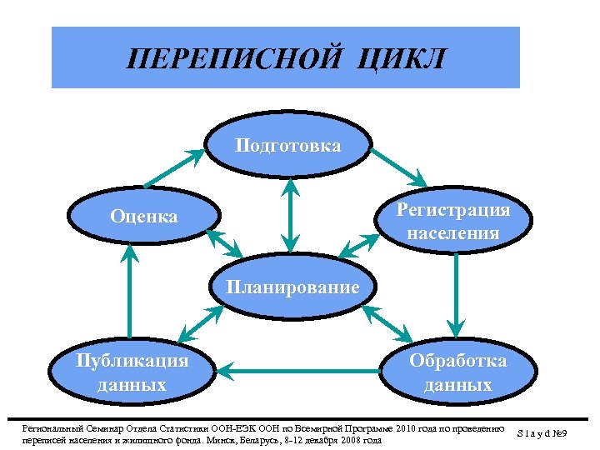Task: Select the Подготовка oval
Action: tap(288, 146)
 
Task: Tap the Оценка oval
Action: tap(144, 217)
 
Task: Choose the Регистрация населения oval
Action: tap(453, 220)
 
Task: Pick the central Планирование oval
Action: tap(292, 287)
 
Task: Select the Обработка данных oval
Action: tap(457, 372)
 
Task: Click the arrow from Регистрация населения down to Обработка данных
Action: tap(456, 292)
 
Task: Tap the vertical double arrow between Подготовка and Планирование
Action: tap(289, 216)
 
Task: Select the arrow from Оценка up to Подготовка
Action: tap(174, 168)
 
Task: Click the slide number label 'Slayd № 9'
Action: tap(554, 433)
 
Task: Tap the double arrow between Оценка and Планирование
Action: tap(223, 243)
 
